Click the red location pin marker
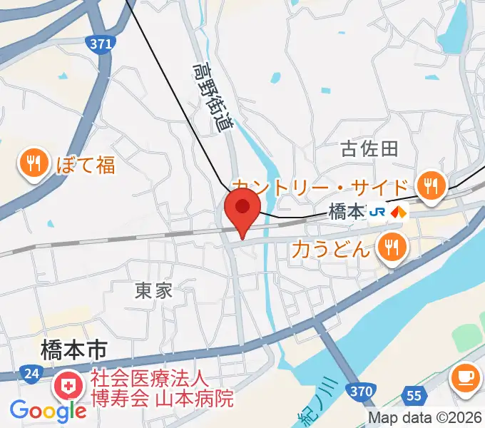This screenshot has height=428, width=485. point(242,208)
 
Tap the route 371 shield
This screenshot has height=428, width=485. point(102,44)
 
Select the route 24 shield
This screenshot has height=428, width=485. point(30,373)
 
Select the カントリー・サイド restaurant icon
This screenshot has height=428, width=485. point(430,185)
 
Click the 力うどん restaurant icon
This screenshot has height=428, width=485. point(391,248)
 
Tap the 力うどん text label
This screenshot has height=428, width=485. point(332,249)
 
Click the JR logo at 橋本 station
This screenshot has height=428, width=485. point(378,212)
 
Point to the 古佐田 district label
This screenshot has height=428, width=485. point(369,148)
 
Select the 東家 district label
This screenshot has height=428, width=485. point(154,290)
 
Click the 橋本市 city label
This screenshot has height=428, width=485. point(73,350)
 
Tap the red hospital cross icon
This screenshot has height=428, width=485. point(69,388)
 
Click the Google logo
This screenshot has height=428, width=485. point(48,411)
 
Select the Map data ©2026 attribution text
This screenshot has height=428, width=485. point(425,418)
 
